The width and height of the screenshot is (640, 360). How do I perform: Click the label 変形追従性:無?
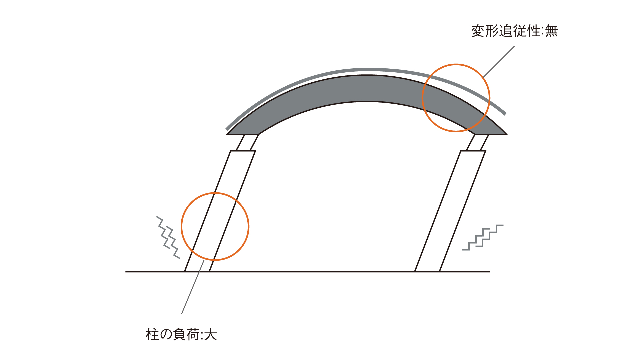[514, 31]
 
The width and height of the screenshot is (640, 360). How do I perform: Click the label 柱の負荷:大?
[181, 334]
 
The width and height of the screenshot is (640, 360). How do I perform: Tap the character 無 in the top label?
[551, 31]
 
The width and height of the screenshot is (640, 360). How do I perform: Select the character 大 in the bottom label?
[211, 334]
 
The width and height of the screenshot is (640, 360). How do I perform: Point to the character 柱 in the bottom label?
[152, 334]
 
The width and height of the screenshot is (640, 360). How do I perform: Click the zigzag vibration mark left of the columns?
[168, 237]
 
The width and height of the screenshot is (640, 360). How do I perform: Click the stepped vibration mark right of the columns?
[483, 237]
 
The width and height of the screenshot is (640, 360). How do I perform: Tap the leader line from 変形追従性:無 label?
[499, 62]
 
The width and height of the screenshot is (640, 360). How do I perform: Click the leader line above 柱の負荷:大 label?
[193, 287]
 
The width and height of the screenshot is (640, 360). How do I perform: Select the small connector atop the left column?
[247, 143]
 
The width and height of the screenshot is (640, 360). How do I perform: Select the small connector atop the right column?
[477, 143]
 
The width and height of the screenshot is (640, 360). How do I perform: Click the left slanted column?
[220, 211]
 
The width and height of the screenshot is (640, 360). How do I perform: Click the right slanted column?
[450, 211]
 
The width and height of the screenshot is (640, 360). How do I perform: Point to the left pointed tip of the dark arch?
[227, 134]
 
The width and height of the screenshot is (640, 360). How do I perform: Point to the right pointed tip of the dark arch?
[507, 134]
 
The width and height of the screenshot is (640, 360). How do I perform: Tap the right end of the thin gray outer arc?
[505, 114]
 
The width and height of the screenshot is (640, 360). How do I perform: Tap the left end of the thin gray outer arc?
[227, 129]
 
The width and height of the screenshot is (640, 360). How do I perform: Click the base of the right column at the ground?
[427, 271]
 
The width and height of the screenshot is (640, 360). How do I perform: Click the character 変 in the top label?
[478, 31]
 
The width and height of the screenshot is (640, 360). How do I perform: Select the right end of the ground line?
[490, 272]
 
